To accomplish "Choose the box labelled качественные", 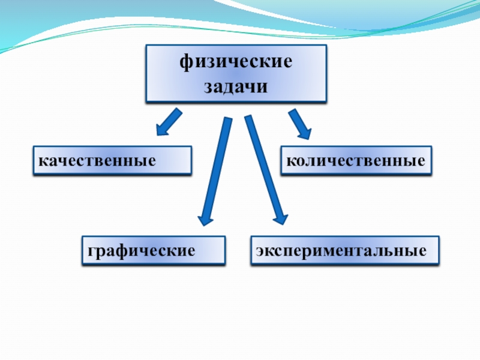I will (112, 160).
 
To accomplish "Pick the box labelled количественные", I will (356, 160).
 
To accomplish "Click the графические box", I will (154, 250).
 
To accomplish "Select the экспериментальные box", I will (344, 250).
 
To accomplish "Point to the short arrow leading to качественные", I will (169, 122).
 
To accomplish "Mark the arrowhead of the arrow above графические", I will (206, 216).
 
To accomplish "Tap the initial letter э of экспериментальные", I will (259, 251).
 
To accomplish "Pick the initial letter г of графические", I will (90, 251).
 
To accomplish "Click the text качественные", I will (97, 161).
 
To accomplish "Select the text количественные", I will (356, 161).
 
